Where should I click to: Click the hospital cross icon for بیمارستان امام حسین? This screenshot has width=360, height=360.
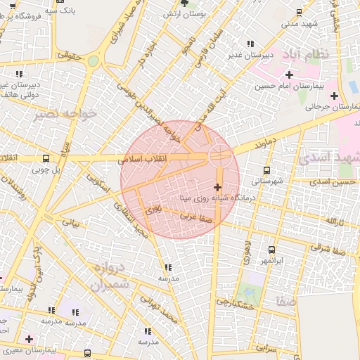pos(289,75)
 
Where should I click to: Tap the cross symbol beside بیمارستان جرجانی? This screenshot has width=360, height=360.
pos(333,96)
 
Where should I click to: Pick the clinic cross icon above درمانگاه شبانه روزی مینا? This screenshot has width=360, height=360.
pos(217,187)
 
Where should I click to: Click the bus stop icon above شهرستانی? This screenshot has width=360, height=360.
pos(266,170)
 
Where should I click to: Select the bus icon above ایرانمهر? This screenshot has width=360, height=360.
pos(271,250)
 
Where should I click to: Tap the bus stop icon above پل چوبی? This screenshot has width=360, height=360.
pos(46,158)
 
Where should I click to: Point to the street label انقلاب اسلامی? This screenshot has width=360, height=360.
pos(146,160)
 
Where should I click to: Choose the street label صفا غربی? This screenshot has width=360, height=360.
pos(196,217)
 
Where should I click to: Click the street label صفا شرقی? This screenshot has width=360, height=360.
pos(328,248)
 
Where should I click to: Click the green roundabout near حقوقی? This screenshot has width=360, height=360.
pos(93,60)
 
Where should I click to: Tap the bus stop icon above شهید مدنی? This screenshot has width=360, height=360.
pos(300,12)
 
